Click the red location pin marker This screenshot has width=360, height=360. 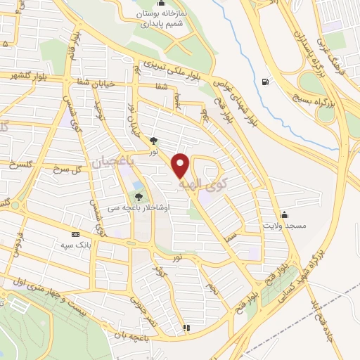pos(181,166)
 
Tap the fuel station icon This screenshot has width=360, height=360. pos(264,82)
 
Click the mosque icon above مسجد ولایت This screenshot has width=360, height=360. pos(283,214)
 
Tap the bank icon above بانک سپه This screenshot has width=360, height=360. pos(75,234)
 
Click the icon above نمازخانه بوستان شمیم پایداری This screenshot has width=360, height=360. pos(162,3)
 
